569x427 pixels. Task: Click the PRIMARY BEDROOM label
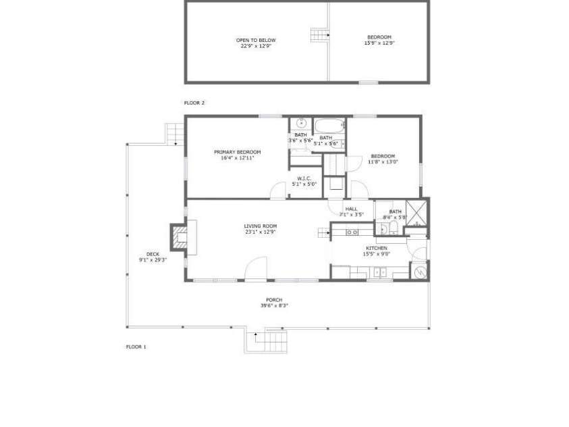click(237, 152)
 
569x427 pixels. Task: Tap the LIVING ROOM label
click(260, 226)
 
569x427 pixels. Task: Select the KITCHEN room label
click(375, 248)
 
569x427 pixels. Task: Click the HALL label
click(351, 209)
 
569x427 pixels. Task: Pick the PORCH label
click(273, 299)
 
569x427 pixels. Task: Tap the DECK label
click(153, 253)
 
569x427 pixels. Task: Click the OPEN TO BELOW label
click(255, 40)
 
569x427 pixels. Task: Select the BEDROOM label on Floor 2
click(379, 37)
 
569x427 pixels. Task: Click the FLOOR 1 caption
click(136, 347)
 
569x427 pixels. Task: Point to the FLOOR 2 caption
click(194, 103)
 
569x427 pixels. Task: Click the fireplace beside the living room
click(178, 238)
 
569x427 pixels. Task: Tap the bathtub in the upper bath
click(329, 126)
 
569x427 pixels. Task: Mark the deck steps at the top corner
click(174, 134)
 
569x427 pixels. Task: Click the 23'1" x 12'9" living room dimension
click(260, 232)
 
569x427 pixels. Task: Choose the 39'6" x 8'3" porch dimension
click(273, 306)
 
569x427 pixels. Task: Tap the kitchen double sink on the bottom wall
click(379, 273)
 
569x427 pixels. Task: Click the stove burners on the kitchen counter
click(351, 232)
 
